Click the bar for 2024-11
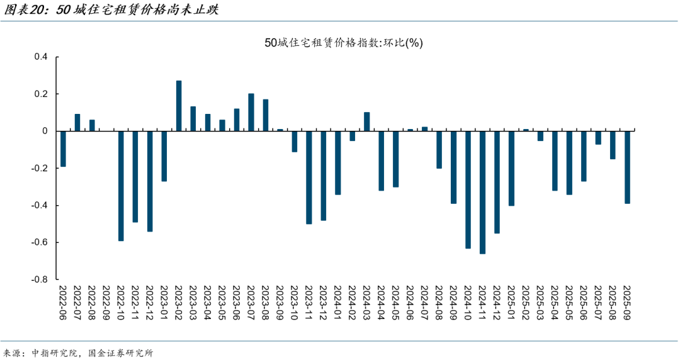482,192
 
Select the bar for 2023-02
179,106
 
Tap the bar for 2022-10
121,186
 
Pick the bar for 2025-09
627,167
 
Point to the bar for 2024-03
367,121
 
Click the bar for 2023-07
251,112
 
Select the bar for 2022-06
63,149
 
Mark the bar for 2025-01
511,168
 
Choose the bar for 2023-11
309,177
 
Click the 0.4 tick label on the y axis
41,57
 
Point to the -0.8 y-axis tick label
40,279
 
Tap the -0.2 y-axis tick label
40,168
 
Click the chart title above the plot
344,43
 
